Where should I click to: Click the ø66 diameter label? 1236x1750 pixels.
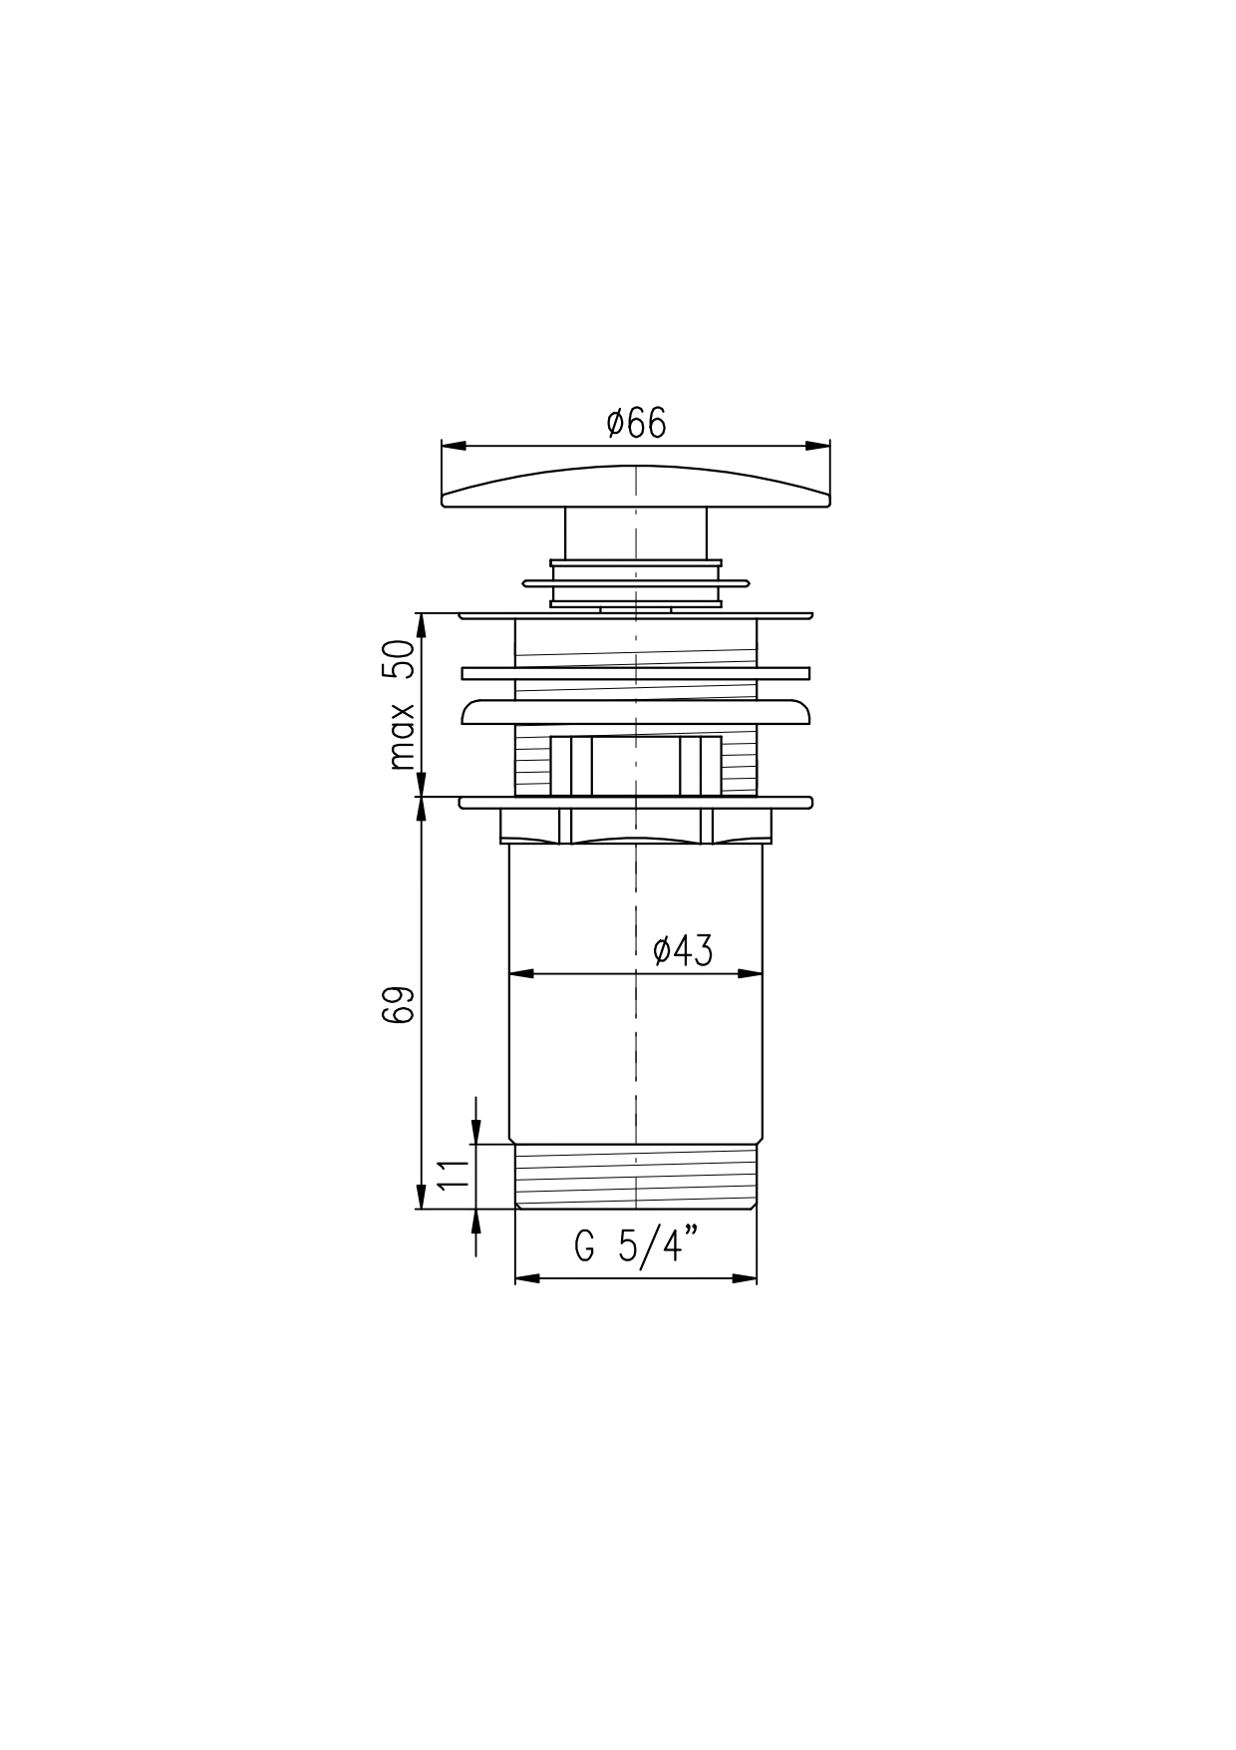click(x=636, y=423)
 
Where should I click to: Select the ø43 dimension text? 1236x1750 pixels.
click(x=683, y=950)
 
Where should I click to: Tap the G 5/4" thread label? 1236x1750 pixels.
click(x=635, y=1246)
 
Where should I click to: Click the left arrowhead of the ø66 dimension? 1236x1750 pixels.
click(x=454, y=446)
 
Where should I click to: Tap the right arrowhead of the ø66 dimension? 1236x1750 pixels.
click(x=818, y=446)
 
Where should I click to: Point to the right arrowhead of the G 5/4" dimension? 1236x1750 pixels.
click(x=745, y=1277)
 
